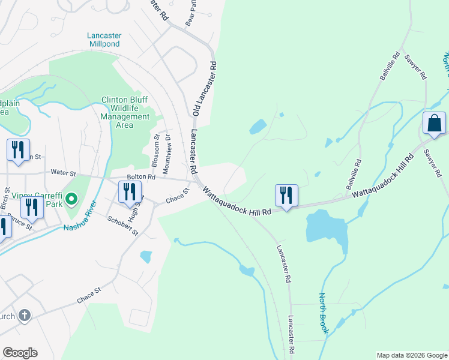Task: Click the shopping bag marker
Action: point(434,124)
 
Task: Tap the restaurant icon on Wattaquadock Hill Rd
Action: point(286,196)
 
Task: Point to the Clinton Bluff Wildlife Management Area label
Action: point(125,112)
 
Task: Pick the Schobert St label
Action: point(123,225)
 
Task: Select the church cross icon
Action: point(25,315)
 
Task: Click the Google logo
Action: point(20,353)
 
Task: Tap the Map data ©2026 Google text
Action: point(411,355)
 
